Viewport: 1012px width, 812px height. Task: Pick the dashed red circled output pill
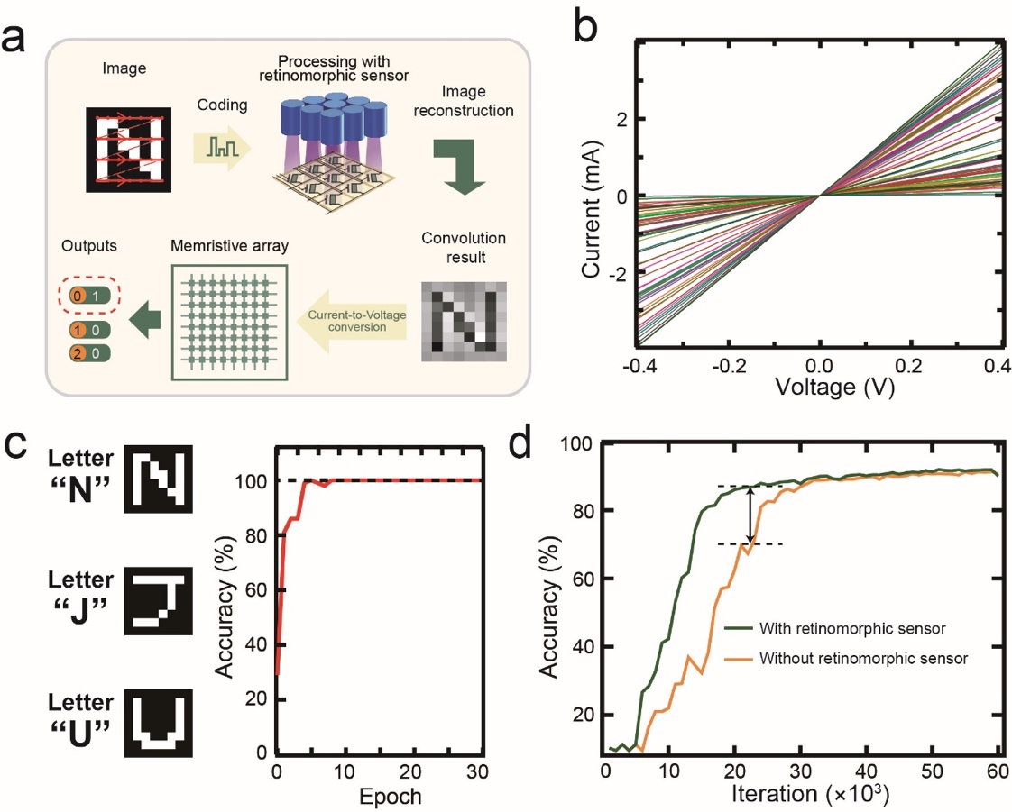(x=88, y=295)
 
